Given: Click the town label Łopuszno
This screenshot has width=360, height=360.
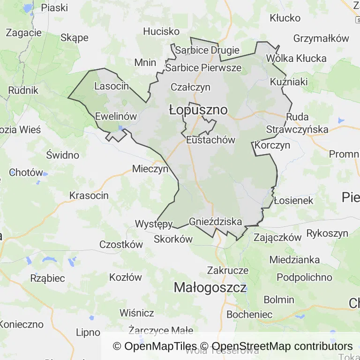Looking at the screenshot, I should coord(198,110).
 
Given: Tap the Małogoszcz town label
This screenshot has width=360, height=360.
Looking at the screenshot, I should coord(210,287).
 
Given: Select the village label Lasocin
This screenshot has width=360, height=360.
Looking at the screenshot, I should coord(112,86).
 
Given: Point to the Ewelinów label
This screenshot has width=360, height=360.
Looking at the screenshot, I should coord(116,117).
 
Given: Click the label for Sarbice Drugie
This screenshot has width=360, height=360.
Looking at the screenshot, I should coord(207,50).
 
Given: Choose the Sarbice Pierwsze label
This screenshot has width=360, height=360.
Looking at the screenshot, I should coord(203,68).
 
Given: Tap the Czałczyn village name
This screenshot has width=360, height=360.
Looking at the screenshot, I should coord(190,87).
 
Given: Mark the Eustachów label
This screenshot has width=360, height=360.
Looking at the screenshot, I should coord(210,140).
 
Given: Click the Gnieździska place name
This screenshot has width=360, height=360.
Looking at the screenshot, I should coord(216,222).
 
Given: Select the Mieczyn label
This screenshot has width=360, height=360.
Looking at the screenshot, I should coord(150,169).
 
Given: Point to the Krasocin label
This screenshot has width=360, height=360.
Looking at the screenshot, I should coord(89,195).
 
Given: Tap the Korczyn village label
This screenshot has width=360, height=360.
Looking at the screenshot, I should coord(273,145).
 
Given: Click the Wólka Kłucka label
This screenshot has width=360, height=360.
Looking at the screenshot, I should coord(296,59).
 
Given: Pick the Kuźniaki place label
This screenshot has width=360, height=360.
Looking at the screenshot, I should coord(289,82).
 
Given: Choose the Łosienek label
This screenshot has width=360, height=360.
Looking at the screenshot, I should coord(293,201).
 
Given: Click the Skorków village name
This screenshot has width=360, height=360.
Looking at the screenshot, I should coord(173,239).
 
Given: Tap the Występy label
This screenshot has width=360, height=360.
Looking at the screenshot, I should coord(154,224).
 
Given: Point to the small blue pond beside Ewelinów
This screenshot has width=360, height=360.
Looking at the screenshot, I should coord(121,127).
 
